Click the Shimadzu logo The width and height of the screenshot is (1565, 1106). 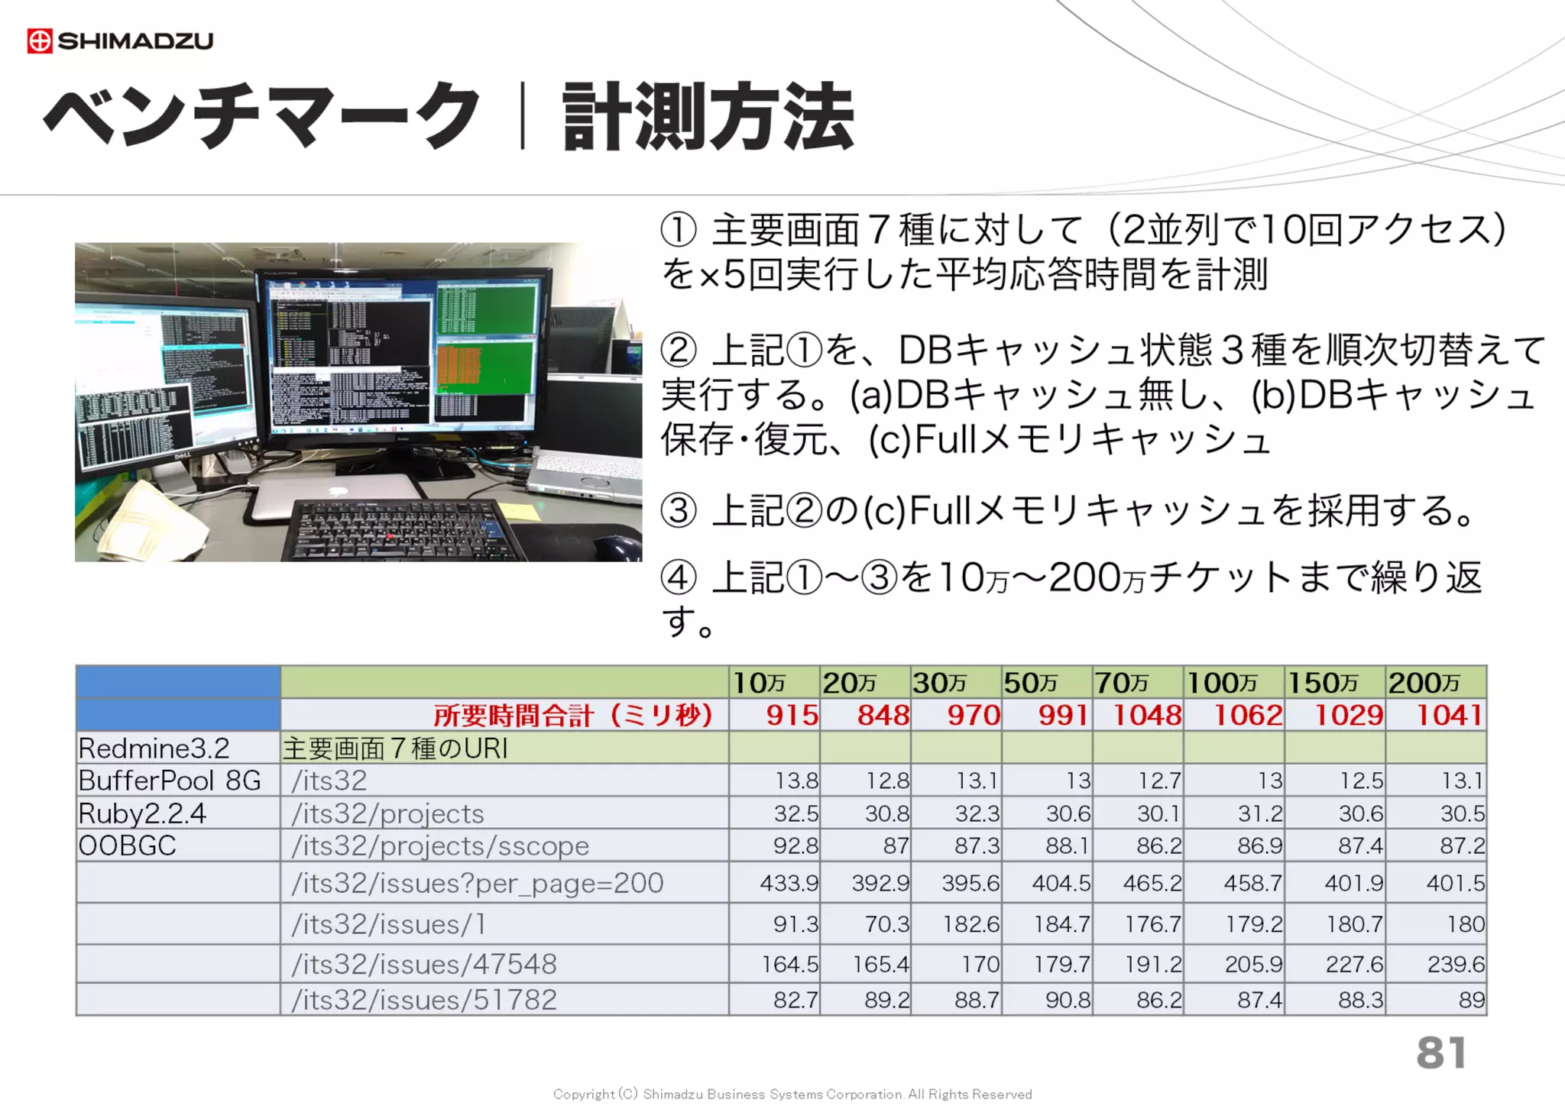point(120,40)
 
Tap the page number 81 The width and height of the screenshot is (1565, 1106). point(1440,1053)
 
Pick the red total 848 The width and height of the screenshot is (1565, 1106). point(883,716)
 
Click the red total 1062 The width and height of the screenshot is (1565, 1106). point(1248,716)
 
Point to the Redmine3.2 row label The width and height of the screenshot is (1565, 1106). point(154,749)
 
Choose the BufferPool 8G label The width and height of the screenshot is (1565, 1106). point(170,781)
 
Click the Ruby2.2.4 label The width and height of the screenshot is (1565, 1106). point(142,813)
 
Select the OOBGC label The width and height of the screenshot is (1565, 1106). point(128,846)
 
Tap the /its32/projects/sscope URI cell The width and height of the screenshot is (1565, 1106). point(440,846)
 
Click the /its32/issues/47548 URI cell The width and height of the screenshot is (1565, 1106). point(424,964)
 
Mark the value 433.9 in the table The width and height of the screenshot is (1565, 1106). point(789,884)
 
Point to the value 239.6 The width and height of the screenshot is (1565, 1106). point(1456,965)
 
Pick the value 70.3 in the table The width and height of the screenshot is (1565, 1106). point(886,924)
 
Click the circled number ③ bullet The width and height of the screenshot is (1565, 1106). point(679,511)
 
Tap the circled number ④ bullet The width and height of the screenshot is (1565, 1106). point(679,577)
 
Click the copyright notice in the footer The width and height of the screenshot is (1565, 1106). point(792,1094)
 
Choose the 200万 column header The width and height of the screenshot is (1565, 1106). point(1424,682)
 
